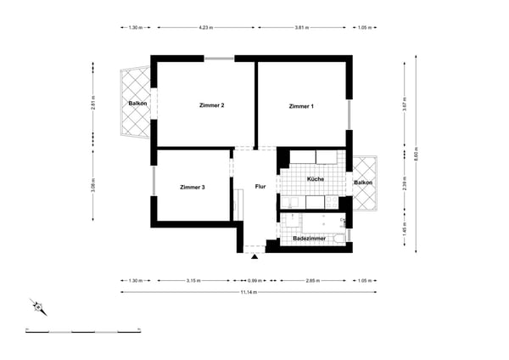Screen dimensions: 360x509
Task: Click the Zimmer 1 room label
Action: tap(301, 106)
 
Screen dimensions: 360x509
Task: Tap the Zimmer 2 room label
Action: tap(211, 105)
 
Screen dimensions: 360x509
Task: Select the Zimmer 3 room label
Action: tap(193, 187)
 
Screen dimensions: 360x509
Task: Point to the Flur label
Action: tap(260, 186)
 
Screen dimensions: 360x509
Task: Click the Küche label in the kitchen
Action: tap(314, 180)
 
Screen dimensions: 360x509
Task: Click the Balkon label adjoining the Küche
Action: tap(363, 183)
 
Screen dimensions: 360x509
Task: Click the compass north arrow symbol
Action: tap(36, 307)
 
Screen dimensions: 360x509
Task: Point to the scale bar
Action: tap(82, 331)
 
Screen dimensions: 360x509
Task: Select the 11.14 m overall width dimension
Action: tap(249, 292)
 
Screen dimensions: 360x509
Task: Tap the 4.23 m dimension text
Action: tap(204, 27)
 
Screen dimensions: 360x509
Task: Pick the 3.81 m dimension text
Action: tap(302, 27)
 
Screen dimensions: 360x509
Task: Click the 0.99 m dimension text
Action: tap(255, 278)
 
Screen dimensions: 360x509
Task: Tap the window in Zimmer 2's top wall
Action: tap(220, 59)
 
